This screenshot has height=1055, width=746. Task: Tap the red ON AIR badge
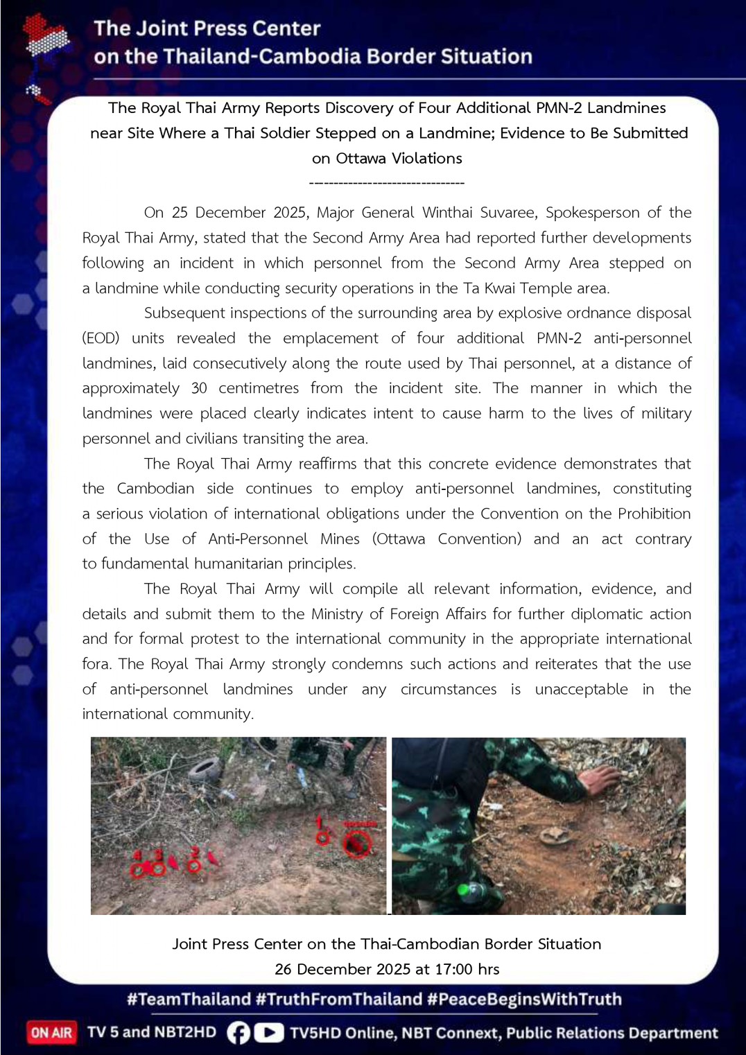51,1032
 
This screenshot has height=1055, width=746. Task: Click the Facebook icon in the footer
238,1033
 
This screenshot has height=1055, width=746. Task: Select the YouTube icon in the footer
269,1033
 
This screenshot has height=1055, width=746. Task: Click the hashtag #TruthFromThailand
338,999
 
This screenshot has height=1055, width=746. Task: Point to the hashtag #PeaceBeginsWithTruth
524,999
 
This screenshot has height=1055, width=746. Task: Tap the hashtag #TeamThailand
189,999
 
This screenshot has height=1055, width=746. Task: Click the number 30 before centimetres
199,388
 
